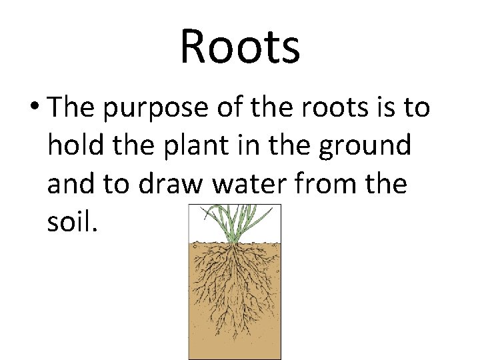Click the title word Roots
(240, 47)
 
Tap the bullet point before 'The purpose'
(35, 107)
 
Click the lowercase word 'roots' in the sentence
(325, 108)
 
